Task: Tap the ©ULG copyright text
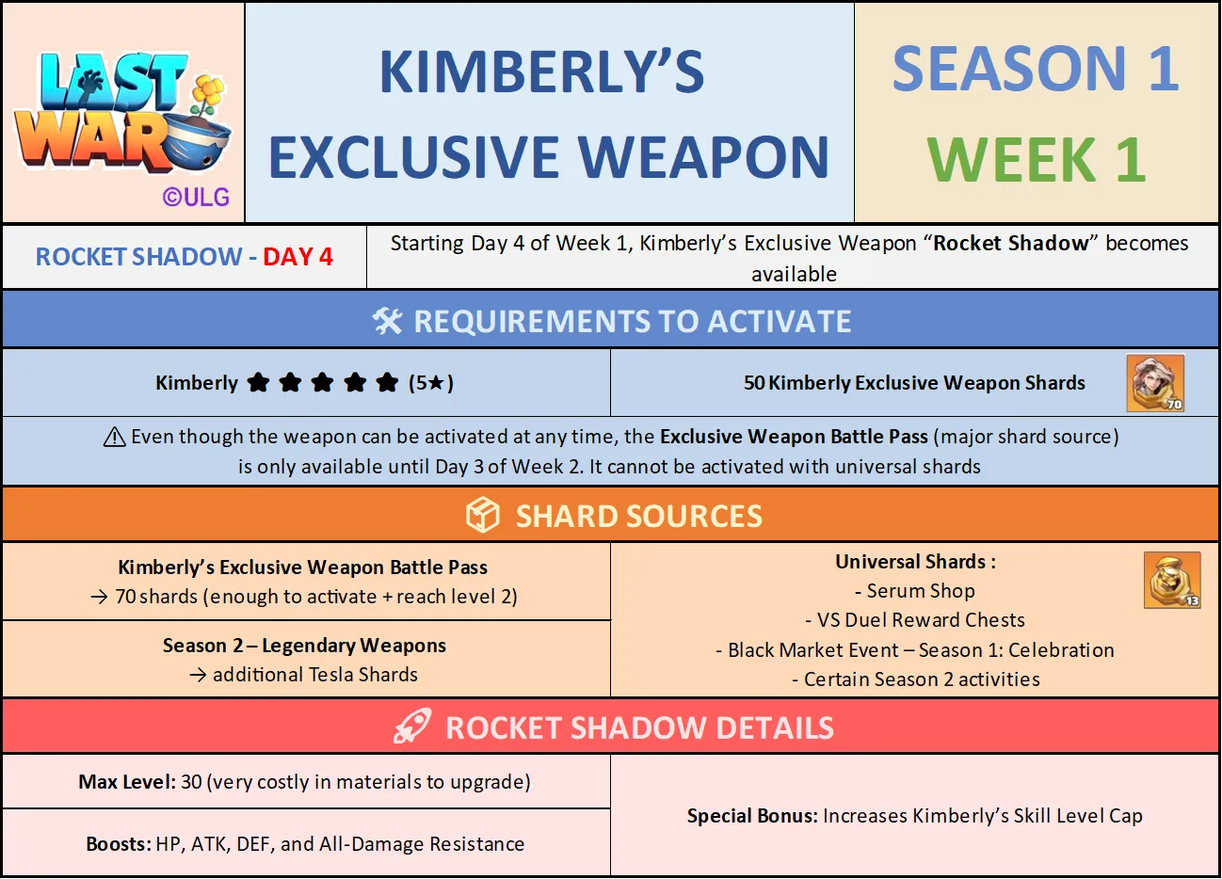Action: [196, 198]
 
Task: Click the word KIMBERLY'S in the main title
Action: [541, 72]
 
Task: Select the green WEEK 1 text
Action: [1036, 160]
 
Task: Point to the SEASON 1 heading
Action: [1036, 69]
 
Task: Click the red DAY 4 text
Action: [297, 257]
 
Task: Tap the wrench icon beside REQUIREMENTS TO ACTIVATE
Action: [387, 322]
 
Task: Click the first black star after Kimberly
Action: [258, 382]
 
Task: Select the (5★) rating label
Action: [431, 383]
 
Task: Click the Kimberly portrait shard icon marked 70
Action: [1155, 383]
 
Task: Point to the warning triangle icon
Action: [115, 437]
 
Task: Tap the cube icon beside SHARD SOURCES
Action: [483, 516]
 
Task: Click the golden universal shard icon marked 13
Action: [1172, 580]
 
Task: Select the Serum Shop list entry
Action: [915, 591]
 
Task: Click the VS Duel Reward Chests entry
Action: [915, 620]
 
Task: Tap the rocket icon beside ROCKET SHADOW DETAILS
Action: [411, 727]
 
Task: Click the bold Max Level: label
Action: [127, 782]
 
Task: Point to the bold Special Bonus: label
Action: [752, 816]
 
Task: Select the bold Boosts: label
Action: [119, 844]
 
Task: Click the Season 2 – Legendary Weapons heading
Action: [304, 646]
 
